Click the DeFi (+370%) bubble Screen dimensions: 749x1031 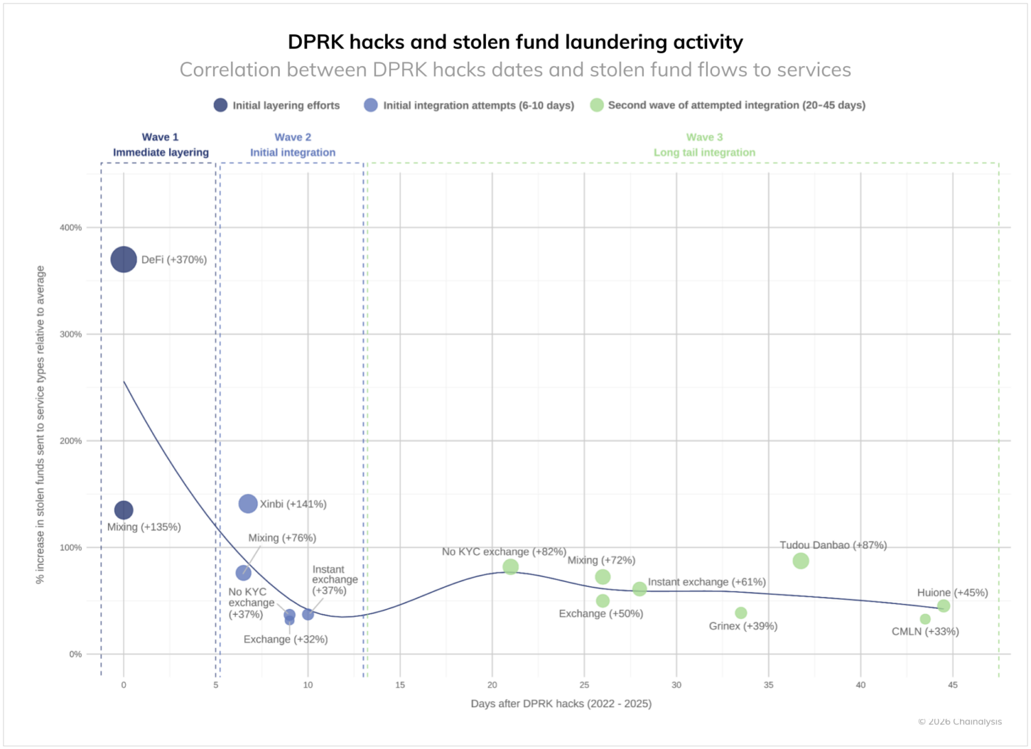click(x=124, y=260)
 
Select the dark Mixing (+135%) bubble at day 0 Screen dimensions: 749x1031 click(x=124, y=510)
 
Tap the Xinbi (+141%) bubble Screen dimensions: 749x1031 click(x=248, y=504)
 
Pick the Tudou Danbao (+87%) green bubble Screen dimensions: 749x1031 click(x=801, y=561)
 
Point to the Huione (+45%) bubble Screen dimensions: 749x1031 click(x=944, y=606)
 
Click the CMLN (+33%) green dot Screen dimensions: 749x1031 click(x=925, y=619)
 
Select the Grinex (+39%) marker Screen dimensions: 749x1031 click(x=741, y=613)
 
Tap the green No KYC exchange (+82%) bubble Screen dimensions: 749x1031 click(x=511, y=567)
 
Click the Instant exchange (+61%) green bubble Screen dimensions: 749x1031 click(x=640, y=589)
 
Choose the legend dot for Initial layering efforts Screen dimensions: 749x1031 click(x=221, y=105)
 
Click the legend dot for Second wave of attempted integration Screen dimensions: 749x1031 click(x=597, y=105)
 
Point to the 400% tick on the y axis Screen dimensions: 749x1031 click(x=71, y=227)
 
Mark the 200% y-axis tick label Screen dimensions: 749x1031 click(x=71, y=441)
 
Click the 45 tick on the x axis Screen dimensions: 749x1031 click(x=953, y=685)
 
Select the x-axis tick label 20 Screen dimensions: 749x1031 click(x=492, y=685)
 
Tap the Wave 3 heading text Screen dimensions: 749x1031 click(x=705, y=137)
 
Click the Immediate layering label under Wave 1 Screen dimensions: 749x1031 click(x=161, y=153)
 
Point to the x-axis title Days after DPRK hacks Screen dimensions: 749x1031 click(x=561, y=704)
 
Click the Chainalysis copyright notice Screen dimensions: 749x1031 click(x=960, y=722)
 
